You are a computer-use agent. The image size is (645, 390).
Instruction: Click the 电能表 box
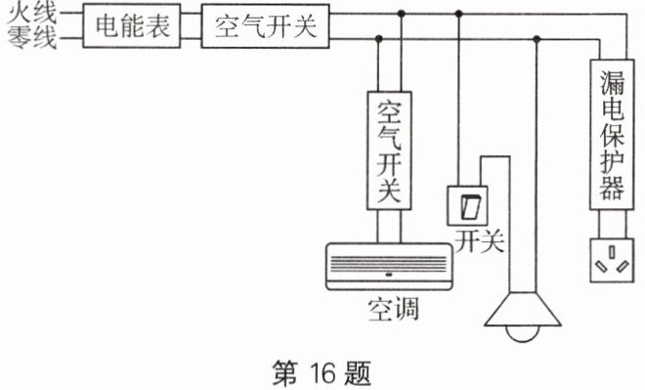point(132,25)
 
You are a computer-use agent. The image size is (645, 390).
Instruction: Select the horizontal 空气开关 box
point(265,26)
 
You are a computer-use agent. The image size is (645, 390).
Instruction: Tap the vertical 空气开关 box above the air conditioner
point(389,151)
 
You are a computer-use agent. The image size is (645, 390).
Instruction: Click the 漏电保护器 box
point(612,135)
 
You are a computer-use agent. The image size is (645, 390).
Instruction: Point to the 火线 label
point(32,13)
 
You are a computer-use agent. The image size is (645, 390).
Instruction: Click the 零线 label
point(32,38)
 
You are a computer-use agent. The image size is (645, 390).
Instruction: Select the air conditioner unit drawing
point(389,267)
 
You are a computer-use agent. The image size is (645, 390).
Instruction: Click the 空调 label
point(394,310)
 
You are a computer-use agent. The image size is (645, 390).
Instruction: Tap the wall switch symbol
point(468,205)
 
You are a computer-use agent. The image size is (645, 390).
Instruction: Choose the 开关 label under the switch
point(479,240)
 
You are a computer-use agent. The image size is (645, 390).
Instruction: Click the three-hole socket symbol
point(612,260)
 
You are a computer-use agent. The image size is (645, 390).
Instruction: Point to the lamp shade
point(523,309)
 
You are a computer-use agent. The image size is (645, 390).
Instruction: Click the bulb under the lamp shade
point(523,333)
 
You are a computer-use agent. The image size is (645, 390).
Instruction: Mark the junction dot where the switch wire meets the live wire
point(459,14)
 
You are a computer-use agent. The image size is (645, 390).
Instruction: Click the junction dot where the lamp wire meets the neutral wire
point(537,39)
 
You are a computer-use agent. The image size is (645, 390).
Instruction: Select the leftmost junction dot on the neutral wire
point(379,39)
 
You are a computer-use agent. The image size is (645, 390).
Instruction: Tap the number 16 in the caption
point(322,372)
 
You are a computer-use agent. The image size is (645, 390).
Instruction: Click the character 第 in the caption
point(284,372)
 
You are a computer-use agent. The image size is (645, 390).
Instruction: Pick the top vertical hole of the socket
point(612,252)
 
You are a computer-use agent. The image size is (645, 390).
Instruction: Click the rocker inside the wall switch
point(469,206)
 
